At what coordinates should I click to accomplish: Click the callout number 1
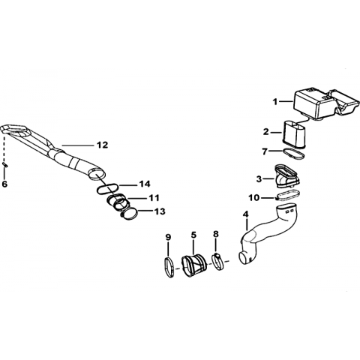[275, 102]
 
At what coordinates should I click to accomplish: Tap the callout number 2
[265, 132]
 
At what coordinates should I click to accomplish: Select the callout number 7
[265, 151]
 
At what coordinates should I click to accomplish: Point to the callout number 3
[259, 179]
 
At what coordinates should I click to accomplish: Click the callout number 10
[254, 198]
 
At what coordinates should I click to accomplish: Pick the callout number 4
[246, 214]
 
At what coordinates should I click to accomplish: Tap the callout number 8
[216, 234]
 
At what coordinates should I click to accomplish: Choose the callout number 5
[193, 235]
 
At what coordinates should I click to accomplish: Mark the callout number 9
[168, 237]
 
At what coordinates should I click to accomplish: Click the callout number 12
[102, 145]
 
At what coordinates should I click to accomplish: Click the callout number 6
[4, 184]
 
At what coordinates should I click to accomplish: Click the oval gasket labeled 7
[294, 154]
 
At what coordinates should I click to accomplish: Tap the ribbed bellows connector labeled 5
[194, 265]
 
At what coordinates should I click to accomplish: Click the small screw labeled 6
[5, 164]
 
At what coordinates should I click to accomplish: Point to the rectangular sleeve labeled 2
[294, 134]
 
